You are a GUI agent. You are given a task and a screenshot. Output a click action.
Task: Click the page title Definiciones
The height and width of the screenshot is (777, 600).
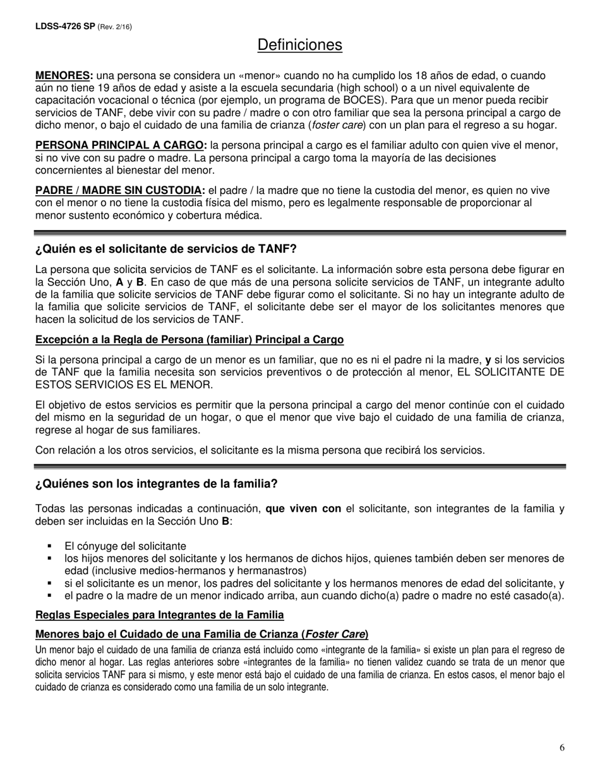click(300, 45)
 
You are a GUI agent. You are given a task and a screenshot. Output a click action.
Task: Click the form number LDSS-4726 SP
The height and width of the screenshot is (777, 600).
click(65, 27)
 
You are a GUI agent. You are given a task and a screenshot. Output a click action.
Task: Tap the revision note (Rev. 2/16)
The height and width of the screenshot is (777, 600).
click(115, 27)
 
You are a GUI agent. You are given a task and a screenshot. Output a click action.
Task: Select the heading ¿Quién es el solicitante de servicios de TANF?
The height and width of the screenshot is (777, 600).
click(166, 248)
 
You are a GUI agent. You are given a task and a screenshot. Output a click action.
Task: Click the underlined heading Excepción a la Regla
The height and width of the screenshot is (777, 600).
click(189, 340)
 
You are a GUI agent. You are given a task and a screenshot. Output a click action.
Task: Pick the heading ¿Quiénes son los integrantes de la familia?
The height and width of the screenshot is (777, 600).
click(157, 484)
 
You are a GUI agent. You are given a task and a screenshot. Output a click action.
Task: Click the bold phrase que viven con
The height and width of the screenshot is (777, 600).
click(303, 509)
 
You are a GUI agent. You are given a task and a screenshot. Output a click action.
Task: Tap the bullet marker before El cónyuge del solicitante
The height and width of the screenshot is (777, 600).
click(50, 546)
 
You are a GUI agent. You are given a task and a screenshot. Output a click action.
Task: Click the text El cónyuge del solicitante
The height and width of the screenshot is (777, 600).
click(125, 546)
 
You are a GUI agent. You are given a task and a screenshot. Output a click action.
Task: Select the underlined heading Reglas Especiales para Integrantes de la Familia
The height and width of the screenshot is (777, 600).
click(160, 615)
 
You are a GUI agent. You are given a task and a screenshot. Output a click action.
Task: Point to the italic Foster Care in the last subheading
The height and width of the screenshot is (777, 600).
click(335, 634)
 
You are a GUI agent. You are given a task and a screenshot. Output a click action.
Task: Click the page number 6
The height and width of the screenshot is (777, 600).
click(562, 749)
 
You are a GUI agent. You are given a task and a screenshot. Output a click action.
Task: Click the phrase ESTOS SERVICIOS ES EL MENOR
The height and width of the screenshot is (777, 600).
click(124, 385)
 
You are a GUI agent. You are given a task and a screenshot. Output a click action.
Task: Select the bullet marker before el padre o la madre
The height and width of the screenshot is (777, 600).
click(50, 596)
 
